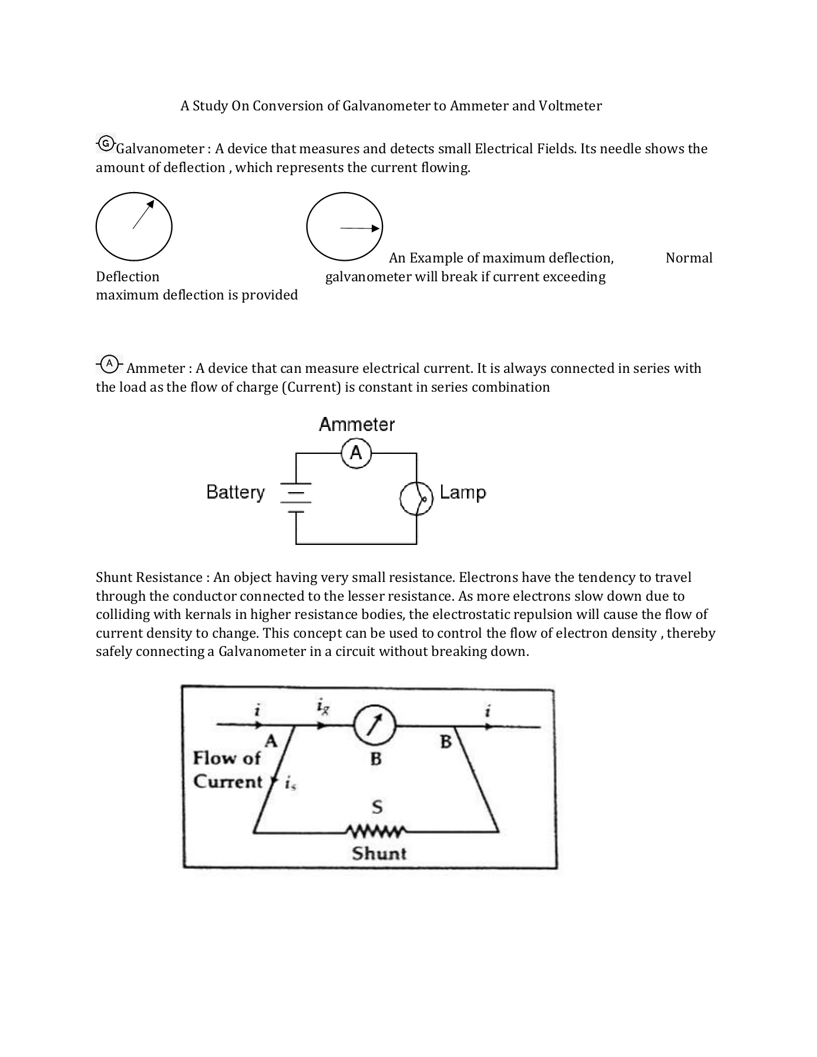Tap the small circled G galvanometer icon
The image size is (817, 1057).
[106, 143]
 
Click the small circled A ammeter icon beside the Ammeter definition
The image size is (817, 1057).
[109, 363]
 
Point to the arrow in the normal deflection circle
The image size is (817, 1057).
[143, 214]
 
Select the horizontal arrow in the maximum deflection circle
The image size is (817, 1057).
[360, 228]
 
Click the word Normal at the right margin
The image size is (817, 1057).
[688, 258]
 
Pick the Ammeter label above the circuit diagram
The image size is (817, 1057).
[357, 424]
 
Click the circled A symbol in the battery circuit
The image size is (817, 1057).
[356, 453]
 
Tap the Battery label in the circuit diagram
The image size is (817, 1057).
[236, 492]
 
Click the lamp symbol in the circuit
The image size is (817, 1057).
[416, 498]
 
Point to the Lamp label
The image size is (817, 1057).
[463, 492]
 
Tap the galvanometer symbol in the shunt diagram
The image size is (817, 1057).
[375, 726]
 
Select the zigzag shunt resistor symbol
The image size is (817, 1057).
[375, 832]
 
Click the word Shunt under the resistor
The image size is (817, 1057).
[379, 853]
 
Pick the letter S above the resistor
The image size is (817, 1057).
[377, 807]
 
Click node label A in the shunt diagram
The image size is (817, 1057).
[270, 741]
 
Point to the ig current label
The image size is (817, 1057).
[322, 707]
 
